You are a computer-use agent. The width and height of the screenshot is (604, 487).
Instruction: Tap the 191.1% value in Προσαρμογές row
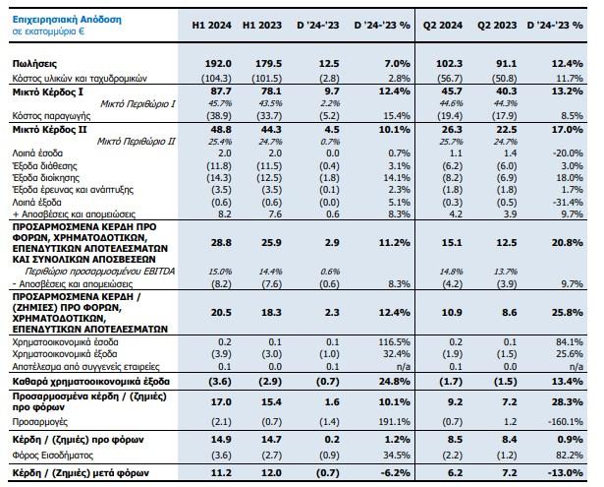373,417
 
